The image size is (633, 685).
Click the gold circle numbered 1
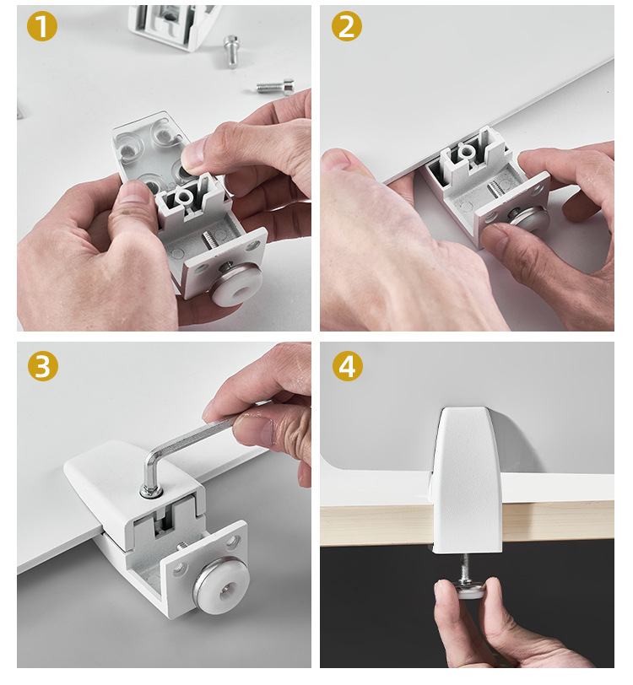(x=42, y=26)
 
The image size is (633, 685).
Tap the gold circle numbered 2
(x=347, y=26)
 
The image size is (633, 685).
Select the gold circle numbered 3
(x=43, y=365)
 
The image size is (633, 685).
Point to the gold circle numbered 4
(x=348, y=365)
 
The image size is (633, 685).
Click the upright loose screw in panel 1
(x=232, y=51)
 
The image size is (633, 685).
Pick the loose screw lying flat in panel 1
(x=275, y=86)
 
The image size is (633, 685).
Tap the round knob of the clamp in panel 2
(x=528, y=217)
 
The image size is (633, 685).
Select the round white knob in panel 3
(x=221, y=586)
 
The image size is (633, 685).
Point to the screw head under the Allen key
(x=151, y=492)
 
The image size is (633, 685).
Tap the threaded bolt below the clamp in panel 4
(x=465, y=568)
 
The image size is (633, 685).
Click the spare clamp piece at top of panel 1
(x=173, y=26)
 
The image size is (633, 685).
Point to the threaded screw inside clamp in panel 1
(x=210, y=242)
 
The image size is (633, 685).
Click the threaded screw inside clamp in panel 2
(x=495, y=189)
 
